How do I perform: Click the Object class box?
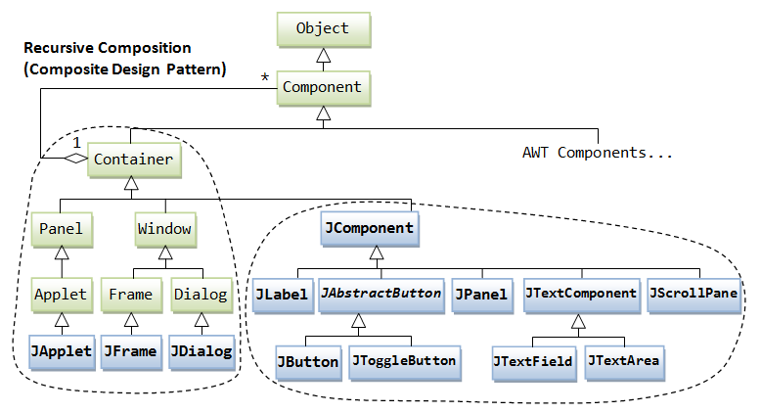point(322,28)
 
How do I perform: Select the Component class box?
point(322,87)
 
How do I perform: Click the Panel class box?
point(61,230)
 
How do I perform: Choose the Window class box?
point(164,230)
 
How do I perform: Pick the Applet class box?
point(61,293)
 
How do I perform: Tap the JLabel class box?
point(282,294)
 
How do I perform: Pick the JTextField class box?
point(535,361)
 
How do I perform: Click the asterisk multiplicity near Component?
point(262,76)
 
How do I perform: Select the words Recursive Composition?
point(107,48)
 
